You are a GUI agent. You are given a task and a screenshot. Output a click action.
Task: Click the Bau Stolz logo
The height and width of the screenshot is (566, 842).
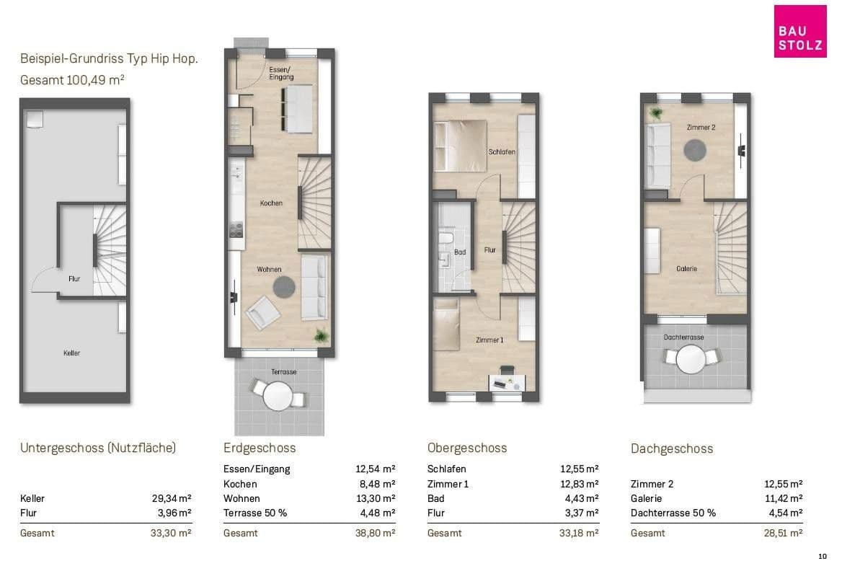[799, 31]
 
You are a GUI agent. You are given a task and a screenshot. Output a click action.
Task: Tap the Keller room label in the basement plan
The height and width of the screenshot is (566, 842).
[71, 353]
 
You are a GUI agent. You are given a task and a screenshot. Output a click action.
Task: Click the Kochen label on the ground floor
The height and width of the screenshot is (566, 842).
[271, 203]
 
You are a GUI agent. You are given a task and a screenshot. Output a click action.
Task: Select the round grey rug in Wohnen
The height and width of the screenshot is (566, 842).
[284, 287]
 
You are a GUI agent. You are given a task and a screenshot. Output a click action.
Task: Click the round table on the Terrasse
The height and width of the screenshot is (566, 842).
[278, 397]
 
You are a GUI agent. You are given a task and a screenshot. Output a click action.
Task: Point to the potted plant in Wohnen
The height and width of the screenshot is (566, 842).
[321, 335]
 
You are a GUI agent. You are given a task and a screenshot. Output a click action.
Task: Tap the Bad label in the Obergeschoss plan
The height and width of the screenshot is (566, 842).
[460, 252]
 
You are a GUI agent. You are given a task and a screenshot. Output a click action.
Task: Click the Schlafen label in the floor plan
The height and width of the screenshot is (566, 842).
[502, 152]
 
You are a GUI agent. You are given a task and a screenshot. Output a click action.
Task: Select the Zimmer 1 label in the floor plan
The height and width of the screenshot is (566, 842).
[489, 340]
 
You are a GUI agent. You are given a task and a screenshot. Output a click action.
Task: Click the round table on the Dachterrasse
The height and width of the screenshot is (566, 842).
[691, 359]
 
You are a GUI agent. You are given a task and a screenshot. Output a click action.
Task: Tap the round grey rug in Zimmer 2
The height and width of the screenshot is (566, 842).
[695, 151]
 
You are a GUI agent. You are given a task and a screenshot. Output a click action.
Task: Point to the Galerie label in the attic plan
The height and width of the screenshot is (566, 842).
[687, 268]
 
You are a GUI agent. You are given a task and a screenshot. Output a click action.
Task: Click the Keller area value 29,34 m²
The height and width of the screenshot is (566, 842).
[172, 498]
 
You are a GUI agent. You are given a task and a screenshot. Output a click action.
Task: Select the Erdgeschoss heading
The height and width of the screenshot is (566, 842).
[260, 448]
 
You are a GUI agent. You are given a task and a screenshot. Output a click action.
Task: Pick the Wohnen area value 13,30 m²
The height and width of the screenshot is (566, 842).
[376, 498]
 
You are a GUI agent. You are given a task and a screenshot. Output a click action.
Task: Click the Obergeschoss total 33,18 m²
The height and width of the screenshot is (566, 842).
[579, 534]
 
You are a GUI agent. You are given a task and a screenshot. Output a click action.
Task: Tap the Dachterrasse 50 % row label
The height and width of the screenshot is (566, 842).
[673, 513]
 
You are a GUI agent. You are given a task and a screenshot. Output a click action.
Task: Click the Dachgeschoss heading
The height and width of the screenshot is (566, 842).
[672, 449]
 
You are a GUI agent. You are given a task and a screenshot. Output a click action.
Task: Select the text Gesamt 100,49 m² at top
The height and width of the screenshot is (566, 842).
[73, 80]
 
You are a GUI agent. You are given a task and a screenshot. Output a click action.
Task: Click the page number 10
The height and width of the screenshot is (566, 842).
[822, 557]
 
